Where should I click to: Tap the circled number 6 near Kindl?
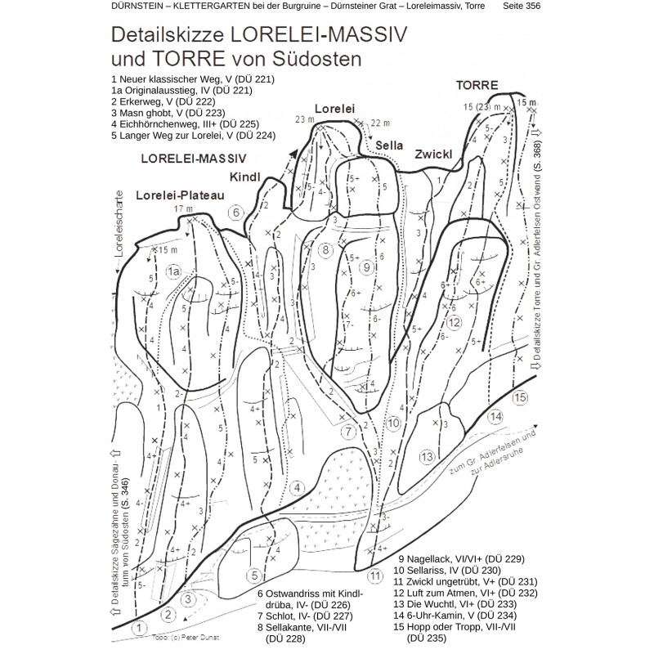tap(235, 213)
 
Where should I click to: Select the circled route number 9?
tap(367, 267)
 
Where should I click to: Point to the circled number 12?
tap(454, 320)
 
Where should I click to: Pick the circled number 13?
tap(427, 456)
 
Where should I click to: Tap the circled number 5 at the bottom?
tap(254, 575)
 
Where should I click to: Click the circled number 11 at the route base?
tap(375, 576)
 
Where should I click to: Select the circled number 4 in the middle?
tap(298, 488)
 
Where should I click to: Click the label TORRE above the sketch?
tap(478, 84)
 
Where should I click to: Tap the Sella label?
tap(389, 146)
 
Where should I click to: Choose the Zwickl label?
tap(434, 153)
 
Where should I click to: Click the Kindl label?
tap(244, 177)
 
